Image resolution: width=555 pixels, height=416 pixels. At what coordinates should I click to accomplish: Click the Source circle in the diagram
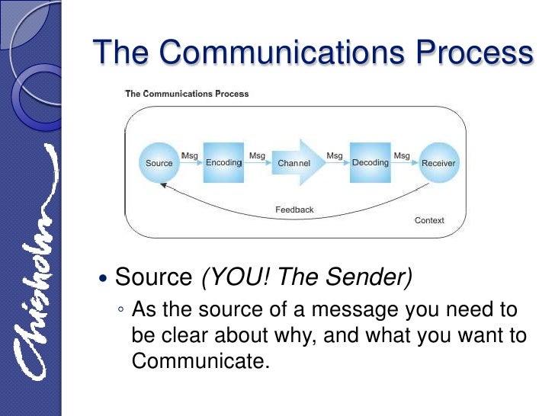pos(159,162)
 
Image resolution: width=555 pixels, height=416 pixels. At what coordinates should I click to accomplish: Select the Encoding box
pos(223,162)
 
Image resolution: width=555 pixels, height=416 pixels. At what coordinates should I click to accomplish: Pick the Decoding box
pos(370,162)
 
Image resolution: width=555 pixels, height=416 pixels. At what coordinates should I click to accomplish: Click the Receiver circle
pos(438,162)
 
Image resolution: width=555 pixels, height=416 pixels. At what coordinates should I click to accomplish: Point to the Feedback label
pos(294,210)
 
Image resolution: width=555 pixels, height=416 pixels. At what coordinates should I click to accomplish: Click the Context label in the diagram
pos(429,220)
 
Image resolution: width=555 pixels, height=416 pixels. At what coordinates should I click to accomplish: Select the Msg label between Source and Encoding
pos(189,155)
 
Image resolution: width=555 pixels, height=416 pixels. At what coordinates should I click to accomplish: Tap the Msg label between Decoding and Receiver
pos(402,155)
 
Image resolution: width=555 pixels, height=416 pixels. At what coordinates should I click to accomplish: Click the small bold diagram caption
pos(187,94)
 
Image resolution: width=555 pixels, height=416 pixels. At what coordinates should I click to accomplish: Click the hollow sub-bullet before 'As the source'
pos(121,312)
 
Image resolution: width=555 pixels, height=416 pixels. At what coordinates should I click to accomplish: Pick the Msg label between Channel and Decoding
pos(335,155)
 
